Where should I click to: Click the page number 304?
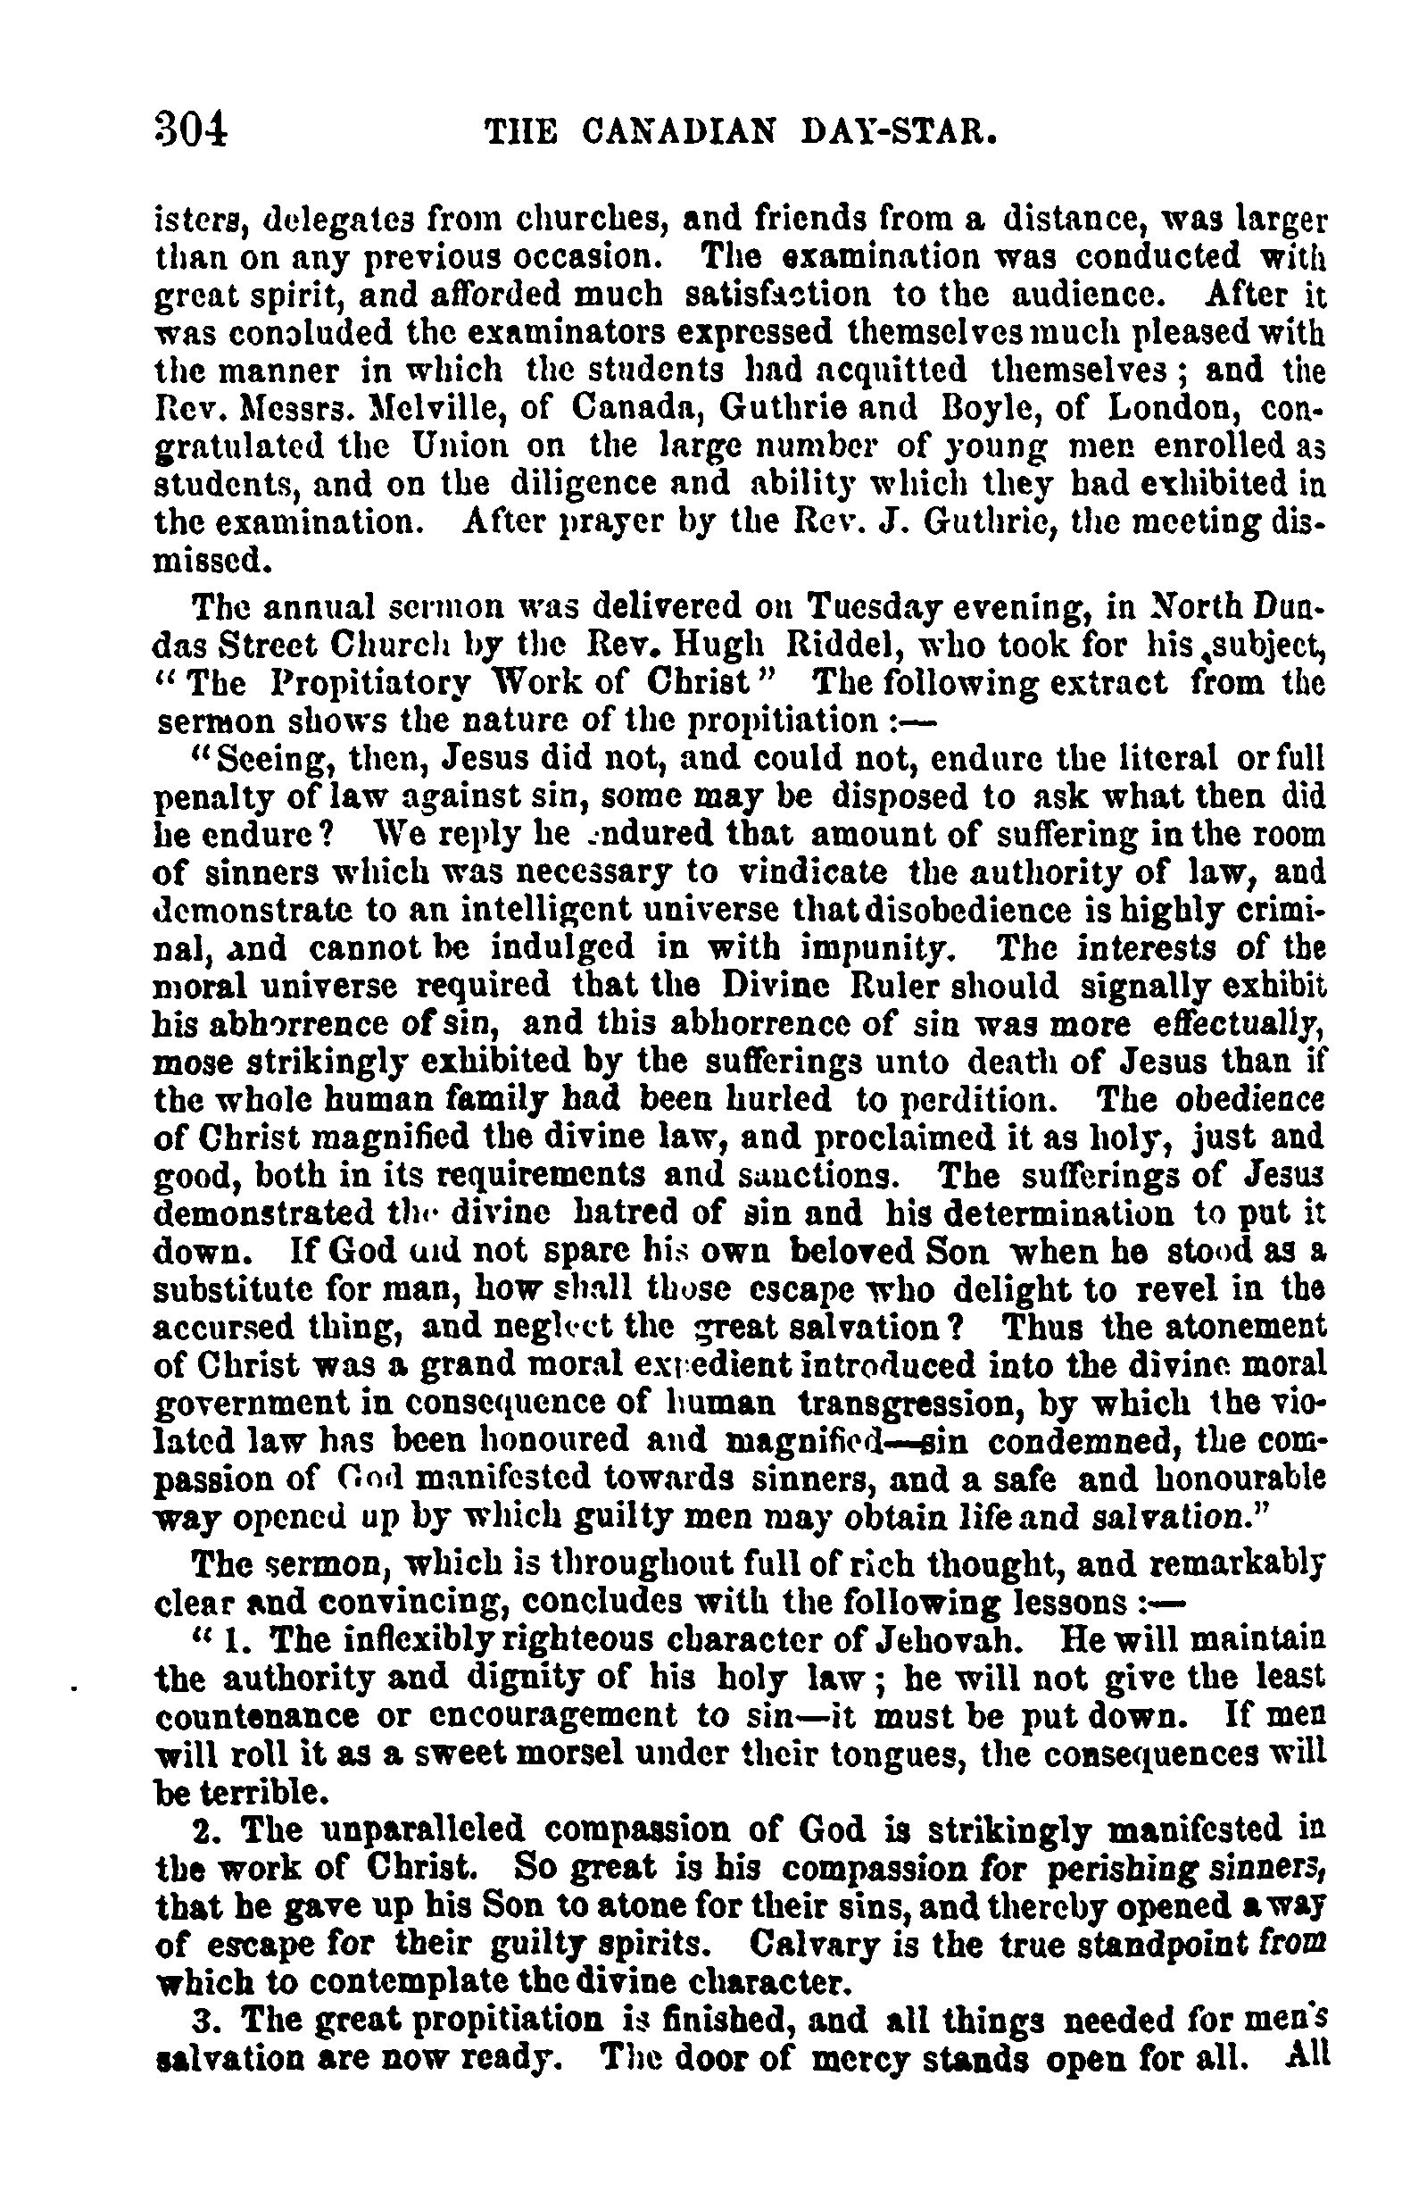click(190, 136)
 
